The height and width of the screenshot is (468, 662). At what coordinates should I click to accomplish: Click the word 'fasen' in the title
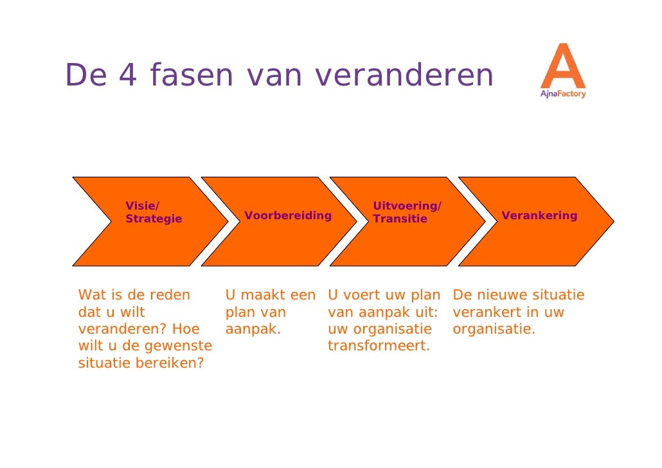coord(191,76)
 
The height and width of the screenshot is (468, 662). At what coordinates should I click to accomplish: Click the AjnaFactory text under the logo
coord(562,94)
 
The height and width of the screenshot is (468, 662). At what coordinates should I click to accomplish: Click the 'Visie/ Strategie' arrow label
coord(153,213)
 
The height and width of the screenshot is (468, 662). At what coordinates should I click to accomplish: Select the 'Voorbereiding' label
coord(288,215)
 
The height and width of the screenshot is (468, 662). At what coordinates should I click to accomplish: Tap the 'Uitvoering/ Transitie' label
coord(406,213)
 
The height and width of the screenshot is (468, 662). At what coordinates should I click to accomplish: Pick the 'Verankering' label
coord(539,215)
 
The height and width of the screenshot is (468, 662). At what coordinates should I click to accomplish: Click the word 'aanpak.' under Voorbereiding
coord(253,329)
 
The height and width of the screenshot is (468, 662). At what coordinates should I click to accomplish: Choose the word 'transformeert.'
coord(379,346)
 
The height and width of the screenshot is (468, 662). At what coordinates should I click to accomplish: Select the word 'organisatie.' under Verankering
coord(494,329)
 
